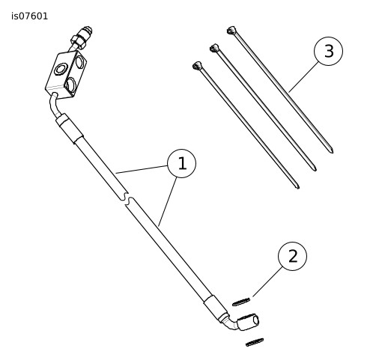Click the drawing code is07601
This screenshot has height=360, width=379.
click(29, 16)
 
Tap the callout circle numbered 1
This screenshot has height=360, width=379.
click(182, 163)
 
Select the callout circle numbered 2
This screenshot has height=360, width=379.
click(292, 256)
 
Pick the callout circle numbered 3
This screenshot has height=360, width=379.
click(328, 51)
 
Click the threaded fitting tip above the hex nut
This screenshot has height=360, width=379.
click(87, 31)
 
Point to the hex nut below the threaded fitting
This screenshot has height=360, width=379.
click(79, 42)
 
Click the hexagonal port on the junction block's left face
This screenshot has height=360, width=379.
click(61, 69)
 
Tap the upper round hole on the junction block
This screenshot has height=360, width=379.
click(80, 62)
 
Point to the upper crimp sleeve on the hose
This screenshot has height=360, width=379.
click(70, 129)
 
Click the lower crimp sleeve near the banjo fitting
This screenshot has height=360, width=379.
click(216, 308)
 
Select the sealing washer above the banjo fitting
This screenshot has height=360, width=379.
click(241, 302)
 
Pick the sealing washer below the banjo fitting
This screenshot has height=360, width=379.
click(255, 342)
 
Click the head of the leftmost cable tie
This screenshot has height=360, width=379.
click(197, 65)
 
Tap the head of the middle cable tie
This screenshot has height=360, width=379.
click(214, 48)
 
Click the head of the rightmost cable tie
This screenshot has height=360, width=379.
click(231, 30)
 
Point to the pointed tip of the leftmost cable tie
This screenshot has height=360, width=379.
click(299, 188)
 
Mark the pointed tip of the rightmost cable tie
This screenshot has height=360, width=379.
click(333, 152)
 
